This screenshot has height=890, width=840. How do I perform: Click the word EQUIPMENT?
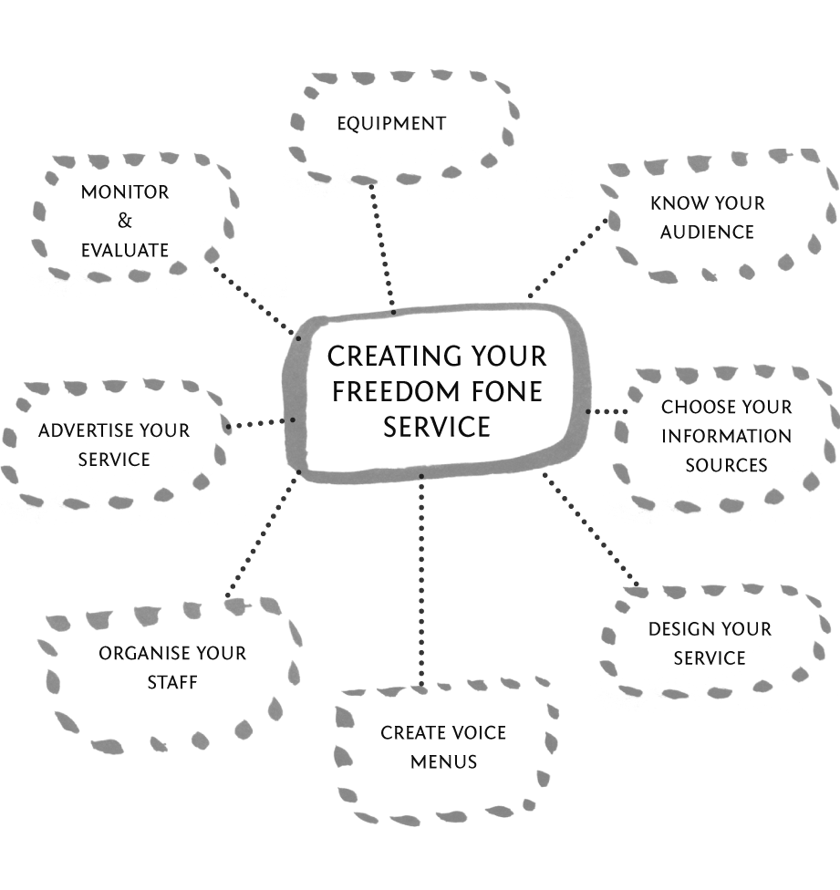click(x=391, y=123)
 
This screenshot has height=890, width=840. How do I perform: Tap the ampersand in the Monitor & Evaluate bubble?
click(x=125, y=221)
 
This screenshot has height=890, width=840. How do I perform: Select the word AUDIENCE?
click(x=708, y=232)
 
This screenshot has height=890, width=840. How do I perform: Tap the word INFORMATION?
click(x=726, y=436)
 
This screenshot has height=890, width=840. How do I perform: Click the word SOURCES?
click(x=726, y=465)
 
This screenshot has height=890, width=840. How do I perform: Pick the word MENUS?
click(x=443, y=761)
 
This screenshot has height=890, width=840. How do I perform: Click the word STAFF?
click(x=172, y=682)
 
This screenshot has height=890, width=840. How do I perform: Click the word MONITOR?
click(x=125, y=192)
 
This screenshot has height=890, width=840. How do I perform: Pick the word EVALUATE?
click(x=125, y=250)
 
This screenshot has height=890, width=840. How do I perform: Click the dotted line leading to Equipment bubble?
click(x=382, y=246)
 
